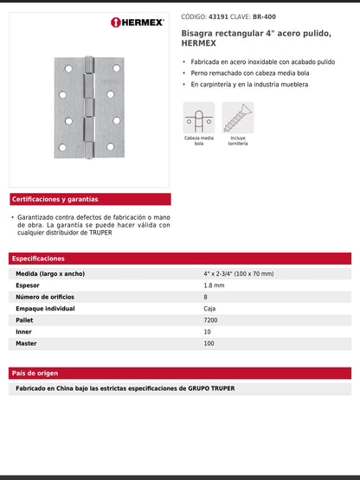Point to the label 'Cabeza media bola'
[198, 140]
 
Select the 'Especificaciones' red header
[39, 259]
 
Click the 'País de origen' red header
[35, 373]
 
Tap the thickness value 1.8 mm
[214, 285]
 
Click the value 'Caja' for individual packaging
[210, 308]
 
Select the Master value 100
[209, 343]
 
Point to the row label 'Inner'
[24, 331]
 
